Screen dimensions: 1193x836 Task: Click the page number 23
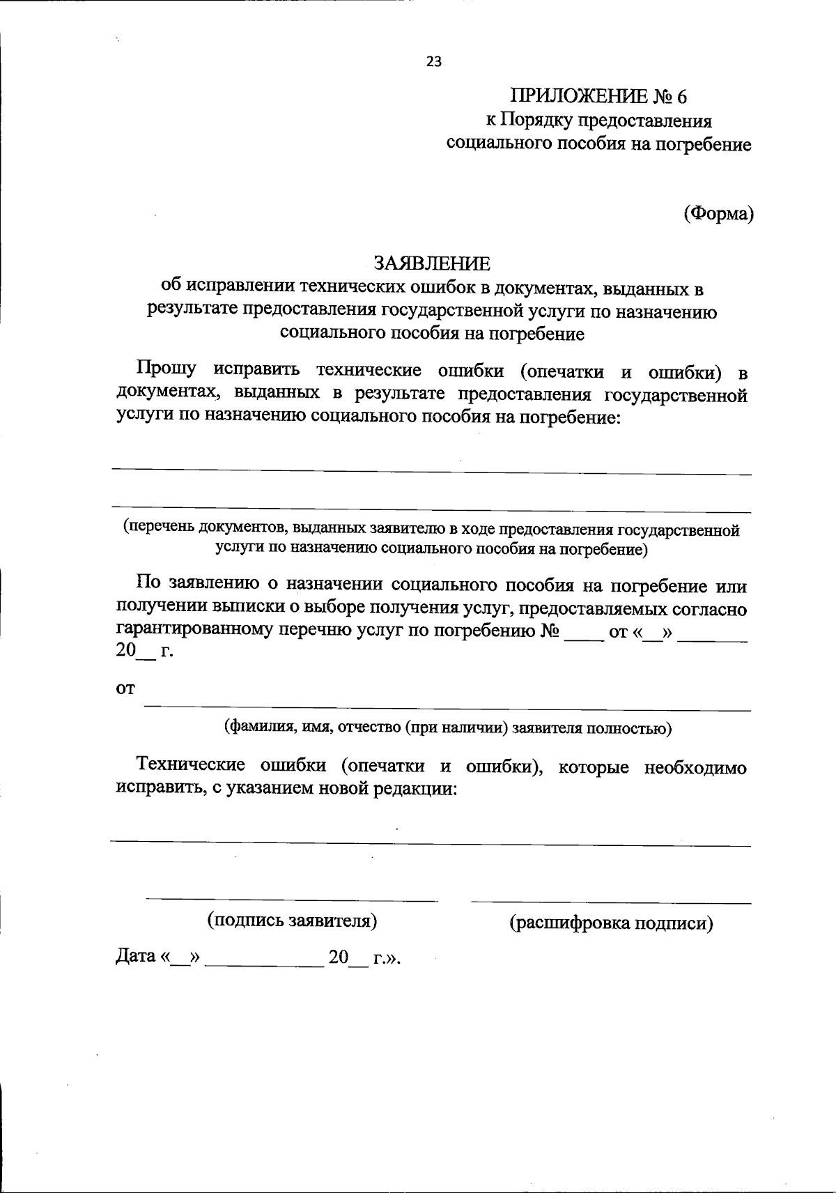click(x=433, y=61)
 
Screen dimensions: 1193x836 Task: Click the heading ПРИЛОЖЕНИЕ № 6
click(x=598, y=95)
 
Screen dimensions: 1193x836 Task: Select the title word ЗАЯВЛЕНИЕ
click(x=432, y=263)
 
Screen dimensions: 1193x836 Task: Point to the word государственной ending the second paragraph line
click(x=675, y=396)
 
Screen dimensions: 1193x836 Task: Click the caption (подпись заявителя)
click(x=292, y=921)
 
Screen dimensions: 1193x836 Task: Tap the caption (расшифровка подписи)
click(x=611, y=923)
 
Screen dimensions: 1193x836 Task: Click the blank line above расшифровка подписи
click(x=611, y=903)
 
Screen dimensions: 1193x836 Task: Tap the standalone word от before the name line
click(x=125, y=688)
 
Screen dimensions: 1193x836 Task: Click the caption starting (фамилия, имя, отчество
click(x=447, y=729)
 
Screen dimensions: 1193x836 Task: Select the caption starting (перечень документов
click(x=431, y=539)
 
